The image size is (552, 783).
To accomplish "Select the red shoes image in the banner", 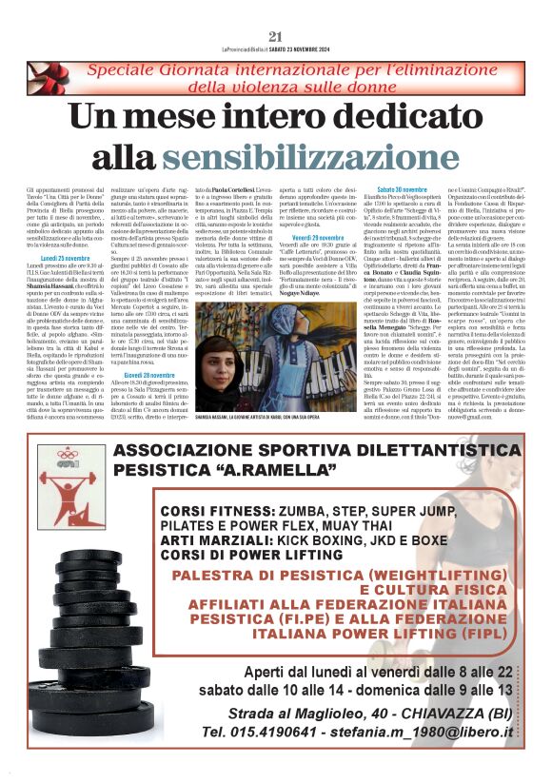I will (x=48, y=78).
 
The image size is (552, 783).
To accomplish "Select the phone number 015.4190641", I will (x=253, y=733).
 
